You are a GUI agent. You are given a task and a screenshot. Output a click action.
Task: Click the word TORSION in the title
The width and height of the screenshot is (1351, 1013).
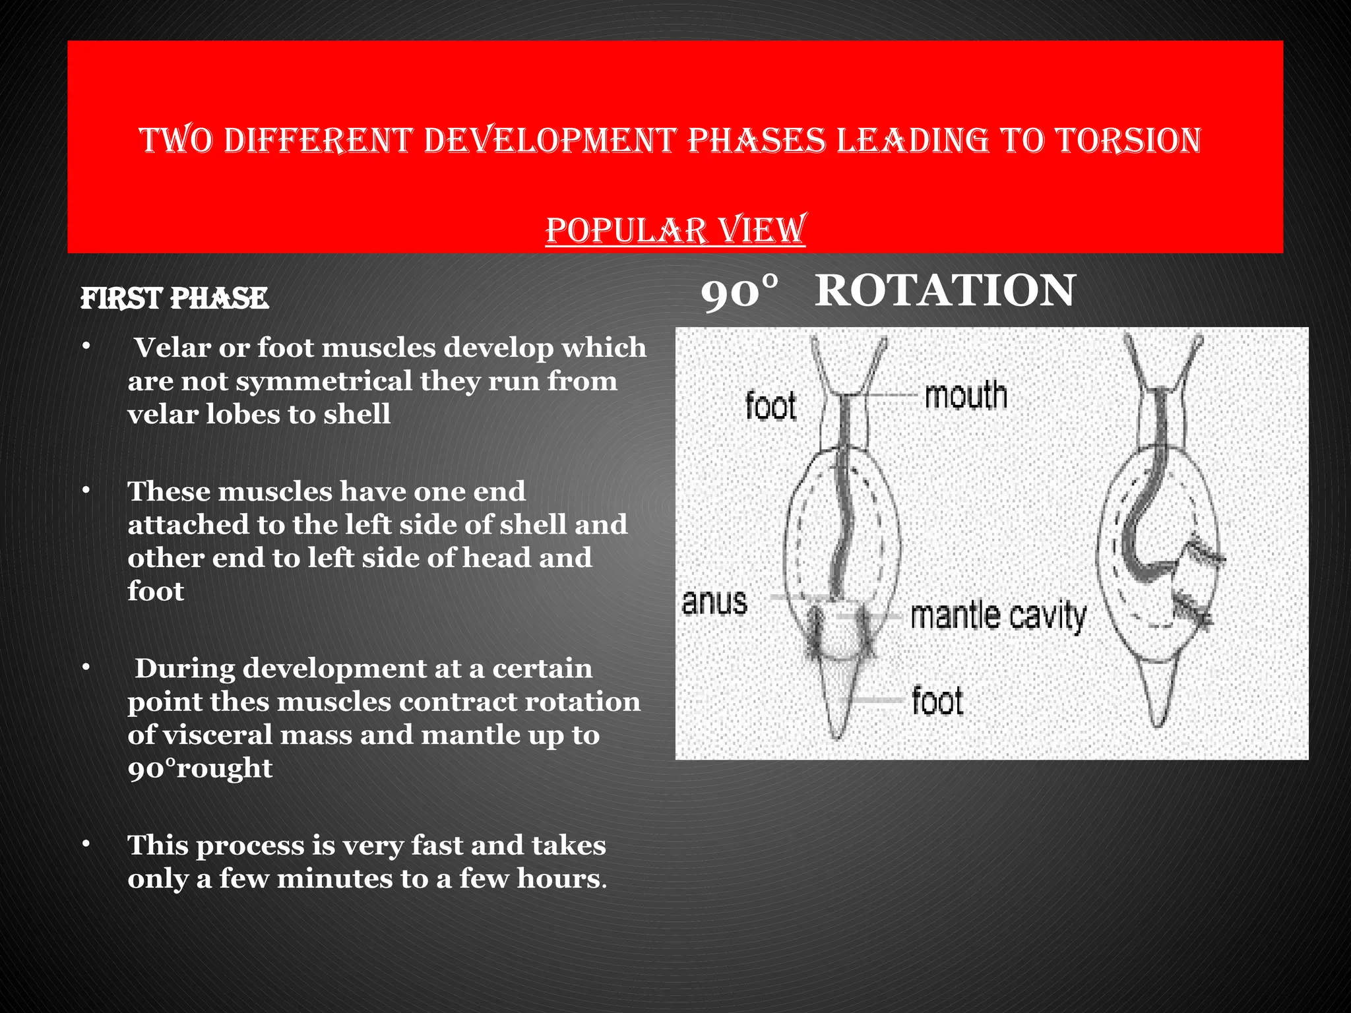[1129, 140]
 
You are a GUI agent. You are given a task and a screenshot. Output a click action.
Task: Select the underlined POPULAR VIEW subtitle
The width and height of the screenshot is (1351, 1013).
[675, 230]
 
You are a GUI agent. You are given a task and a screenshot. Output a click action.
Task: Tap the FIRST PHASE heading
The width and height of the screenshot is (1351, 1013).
[174, 299]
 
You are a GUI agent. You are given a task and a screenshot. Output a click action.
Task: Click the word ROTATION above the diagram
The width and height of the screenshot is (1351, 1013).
[945, 291]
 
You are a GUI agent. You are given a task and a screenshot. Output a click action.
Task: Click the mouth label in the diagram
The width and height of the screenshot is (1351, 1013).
[966, 396]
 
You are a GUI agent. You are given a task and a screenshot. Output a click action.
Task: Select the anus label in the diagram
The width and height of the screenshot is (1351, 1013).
[714, 601]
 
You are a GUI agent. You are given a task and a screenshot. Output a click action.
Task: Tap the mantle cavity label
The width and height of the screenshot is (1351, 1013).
[998, 616]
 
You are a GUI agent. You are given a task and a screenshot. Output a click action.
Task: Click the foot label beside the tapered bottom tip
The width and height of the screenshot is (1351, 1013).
[937, 700]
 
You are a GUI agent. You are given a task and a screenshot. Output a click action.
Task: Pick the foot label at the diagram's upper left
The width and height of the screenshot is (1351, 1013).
[770, 405]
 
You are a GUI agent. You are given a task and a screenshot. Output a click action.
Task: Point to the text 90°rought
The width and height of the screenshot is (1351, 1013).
[200, 768]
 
